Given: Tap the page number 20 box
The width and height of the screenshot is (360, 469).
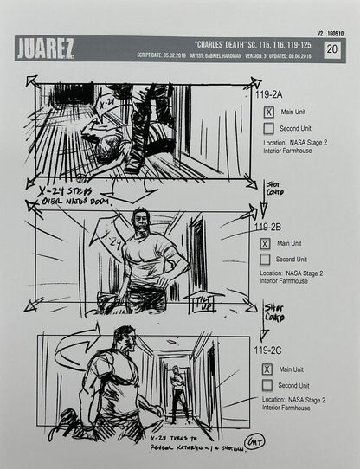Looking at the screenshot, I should pyautogui.click(x=331, y=49).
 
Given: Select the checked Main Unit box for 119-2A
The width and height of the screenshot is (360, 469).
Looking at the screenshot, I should pyautogui.click(x=268, y=112).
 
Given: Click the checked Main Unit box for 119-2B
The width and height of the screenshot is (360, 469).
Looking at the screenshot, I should pyautogui.click(x=266, y=245).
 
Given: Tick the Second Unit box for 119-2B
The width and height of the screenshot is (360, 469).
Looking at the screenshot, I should pyautogui.click(x=266, y=259).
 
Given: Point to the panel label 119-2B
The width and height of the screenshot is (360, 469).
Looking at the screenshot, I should pyautogui.click(x=274, y=228).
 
